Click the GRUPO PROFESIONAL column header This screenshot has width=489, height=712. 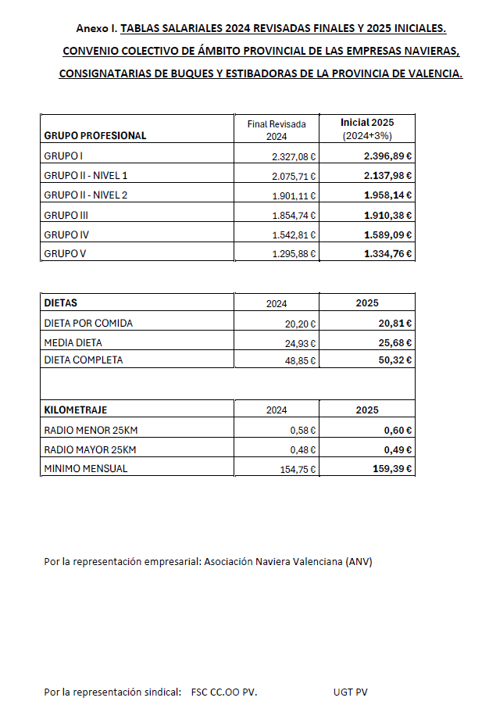95,135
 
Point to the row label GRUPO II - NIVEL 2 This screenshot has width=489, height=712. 86,195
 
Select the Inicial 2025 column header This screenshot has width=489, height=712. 367,123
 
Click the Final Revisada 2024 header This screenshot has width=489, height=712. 276,130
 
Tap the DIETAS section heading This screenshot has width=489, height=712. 61,302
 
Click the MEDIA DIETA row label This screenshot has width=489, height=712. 73,342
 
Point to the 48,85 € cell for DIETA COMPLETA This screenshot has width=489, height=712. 300,360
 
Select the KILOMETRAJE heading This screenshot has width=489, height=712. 76,410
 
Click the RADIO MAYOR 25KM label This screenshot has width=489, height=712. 90,449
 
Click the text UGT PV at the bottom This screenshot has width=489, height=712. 350,692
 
